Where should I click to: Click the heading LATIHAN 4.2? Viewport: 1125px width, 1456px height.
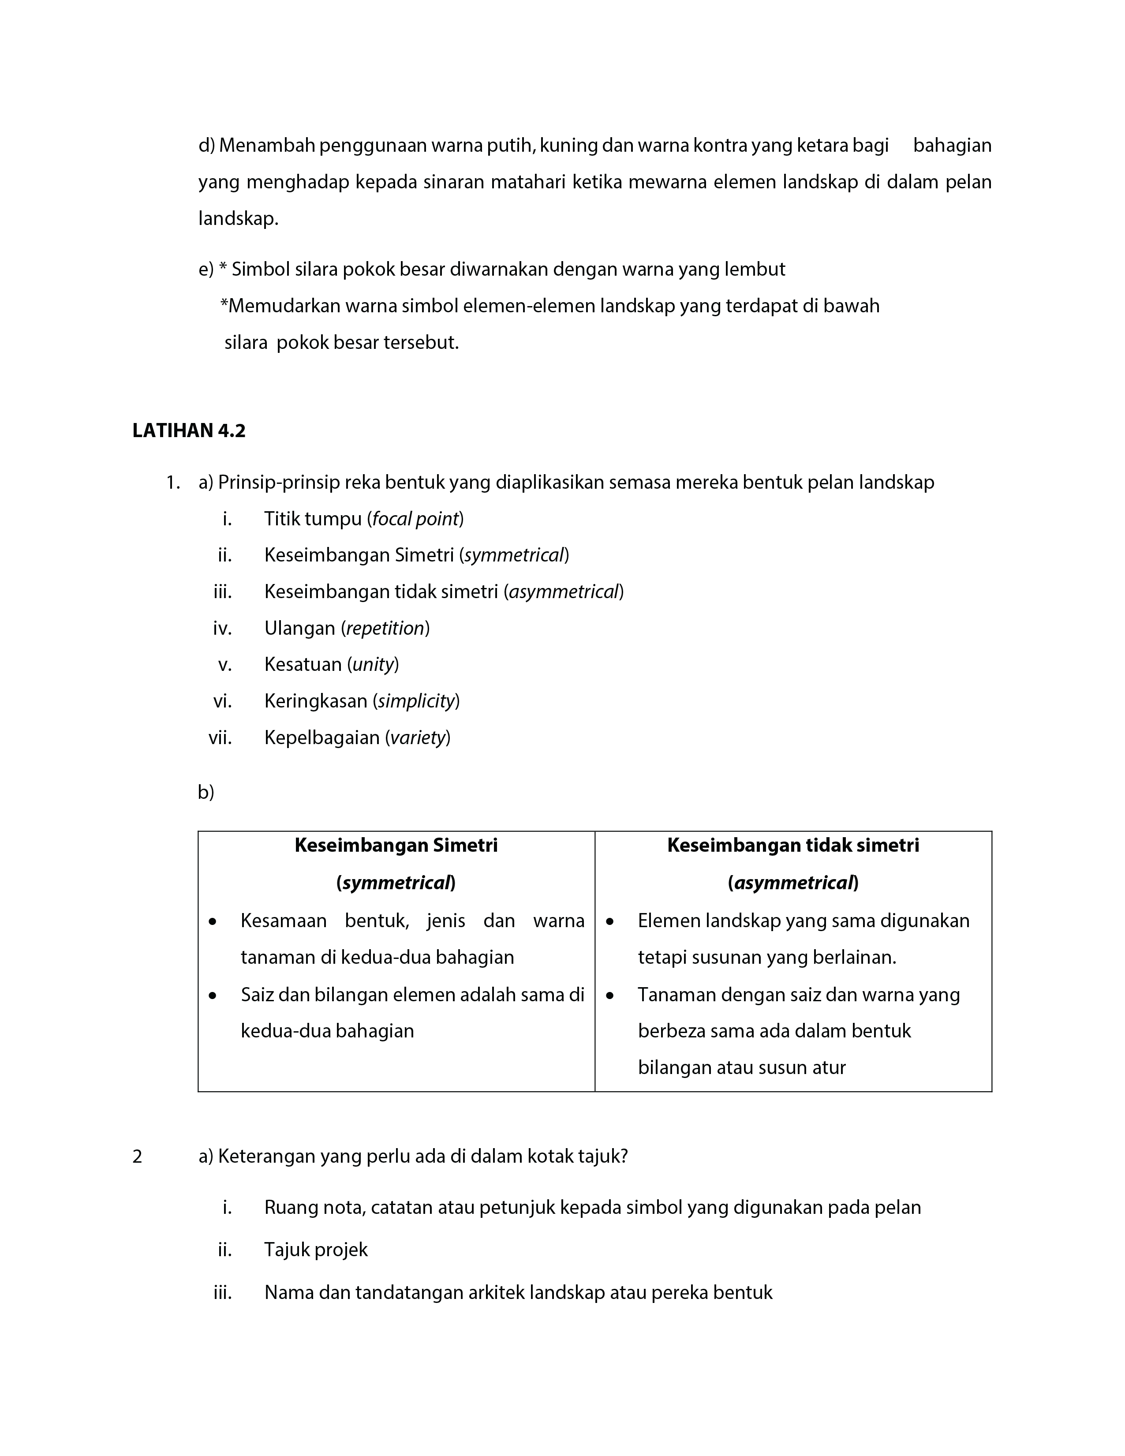189,430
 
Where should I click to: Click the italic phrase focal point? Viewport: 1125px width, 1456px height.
415,519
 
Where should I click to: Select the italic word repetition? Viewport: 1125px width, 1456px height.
385,628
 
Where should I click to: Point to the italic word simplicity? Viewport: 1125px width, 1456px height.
416,701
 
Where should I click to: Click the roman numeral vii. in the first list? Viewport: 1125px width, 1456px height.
220,737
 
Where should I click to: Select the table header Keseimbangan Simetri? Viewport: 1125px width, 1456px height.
396,846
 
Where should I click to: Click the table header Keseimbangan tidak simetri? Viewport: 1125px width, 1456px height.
792,846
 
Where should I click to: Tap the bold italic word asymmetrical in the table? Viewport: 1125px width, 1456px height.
793,883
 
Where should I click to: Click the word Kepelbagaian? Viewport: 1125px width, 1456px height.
322,737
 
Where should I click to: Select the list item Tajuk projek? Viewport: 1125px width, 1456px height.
316,1249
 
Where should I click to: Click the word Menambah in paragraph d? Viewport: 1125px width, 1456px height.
267,145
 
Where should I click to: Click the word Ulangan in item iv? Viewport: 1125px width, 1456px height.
299,628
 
